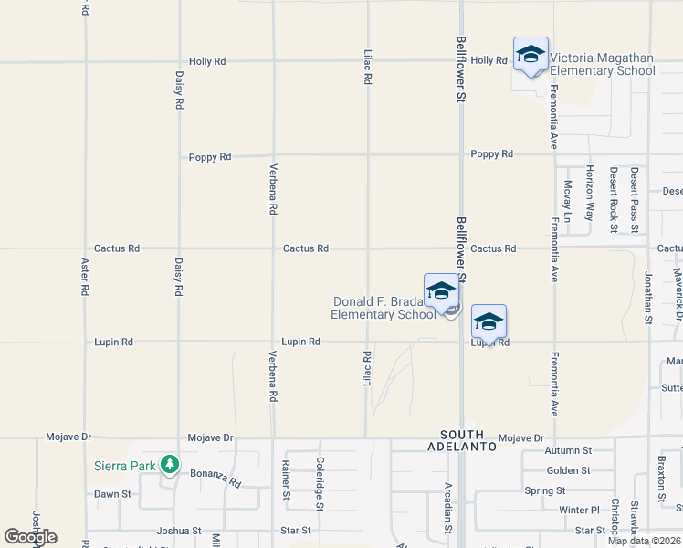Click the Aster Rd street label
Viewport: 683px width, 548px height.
tap(85, 275)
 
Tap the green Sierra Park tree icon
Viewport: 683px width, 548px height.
tap(169, 465)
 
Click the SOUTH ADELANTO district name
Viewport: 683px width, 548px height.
tap(468, 440)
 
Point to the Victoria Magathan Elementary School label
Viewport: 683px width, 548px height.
tap(602, 64)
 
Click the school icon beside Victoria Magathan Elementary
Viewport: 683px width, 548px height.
tap(531, 56)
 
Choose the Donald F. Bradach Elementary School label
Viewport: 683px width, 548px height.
tap(384, 309)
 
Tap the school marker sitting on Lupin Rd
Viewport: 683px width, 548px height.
tap(489, 323)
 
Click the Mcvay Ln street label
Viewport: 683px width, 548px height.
tap(567, 201)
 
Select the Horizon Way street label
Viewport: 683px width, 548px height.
tap(590, 193)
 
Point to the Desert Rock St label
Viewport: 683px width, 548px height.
tap(614, 199)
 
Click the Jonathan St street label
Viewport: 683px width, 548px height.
tap(648, 297)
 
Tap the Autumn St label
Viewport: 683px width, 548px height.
tap(568, 450)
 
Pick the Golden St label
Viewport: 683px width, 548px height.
tap(568, 470)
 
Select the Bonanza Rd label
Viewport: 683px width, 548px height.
tap(215, 477)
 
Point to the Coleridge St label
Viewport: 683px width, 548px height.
tap(320, 483)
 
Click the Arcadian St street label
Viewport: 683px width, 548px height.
tap(448, 508)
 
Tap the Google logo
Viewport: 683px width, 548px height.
tap(30, 537)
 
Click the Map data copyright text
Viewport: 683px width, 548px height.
tap(645, 541)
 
